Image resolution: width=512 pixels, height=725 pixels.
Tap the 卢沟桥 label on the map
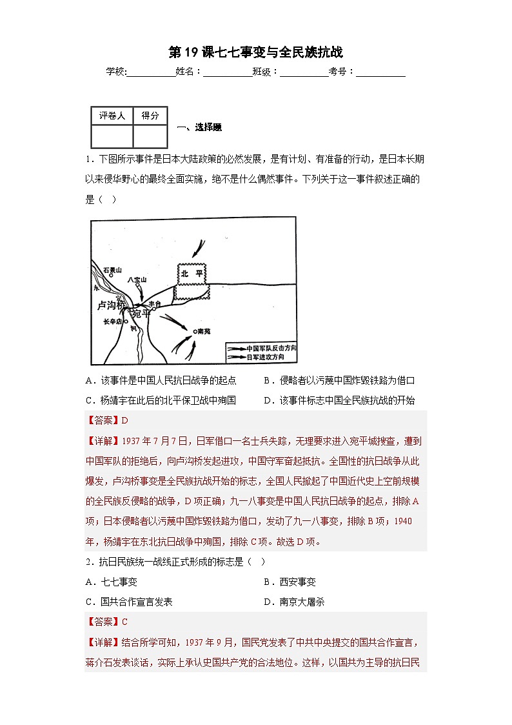pos(110,305)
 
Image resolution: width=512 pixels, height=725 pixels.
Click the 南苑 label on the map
pos(204,331)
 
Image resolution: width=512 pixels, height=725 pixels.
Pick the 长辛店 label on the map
pos(112,321)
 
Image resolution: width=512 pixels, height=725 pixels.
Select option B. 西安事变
pos(290,582)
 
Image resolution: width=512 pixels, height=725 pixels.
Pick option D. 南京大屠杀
pos(294,602)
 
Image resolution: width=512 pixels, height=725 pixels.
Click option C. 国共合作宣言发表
pos(128,602)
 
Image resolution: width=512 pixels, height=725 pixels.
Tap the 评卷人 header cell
pos(112,116)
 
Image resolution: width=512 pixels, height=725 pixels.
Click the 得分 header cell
pos(150,116)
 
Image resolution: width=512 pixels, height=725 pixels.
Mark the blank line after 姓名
pos(228,72)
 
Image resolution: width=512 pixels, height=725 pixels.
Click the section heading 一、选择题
pos(199,128)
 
